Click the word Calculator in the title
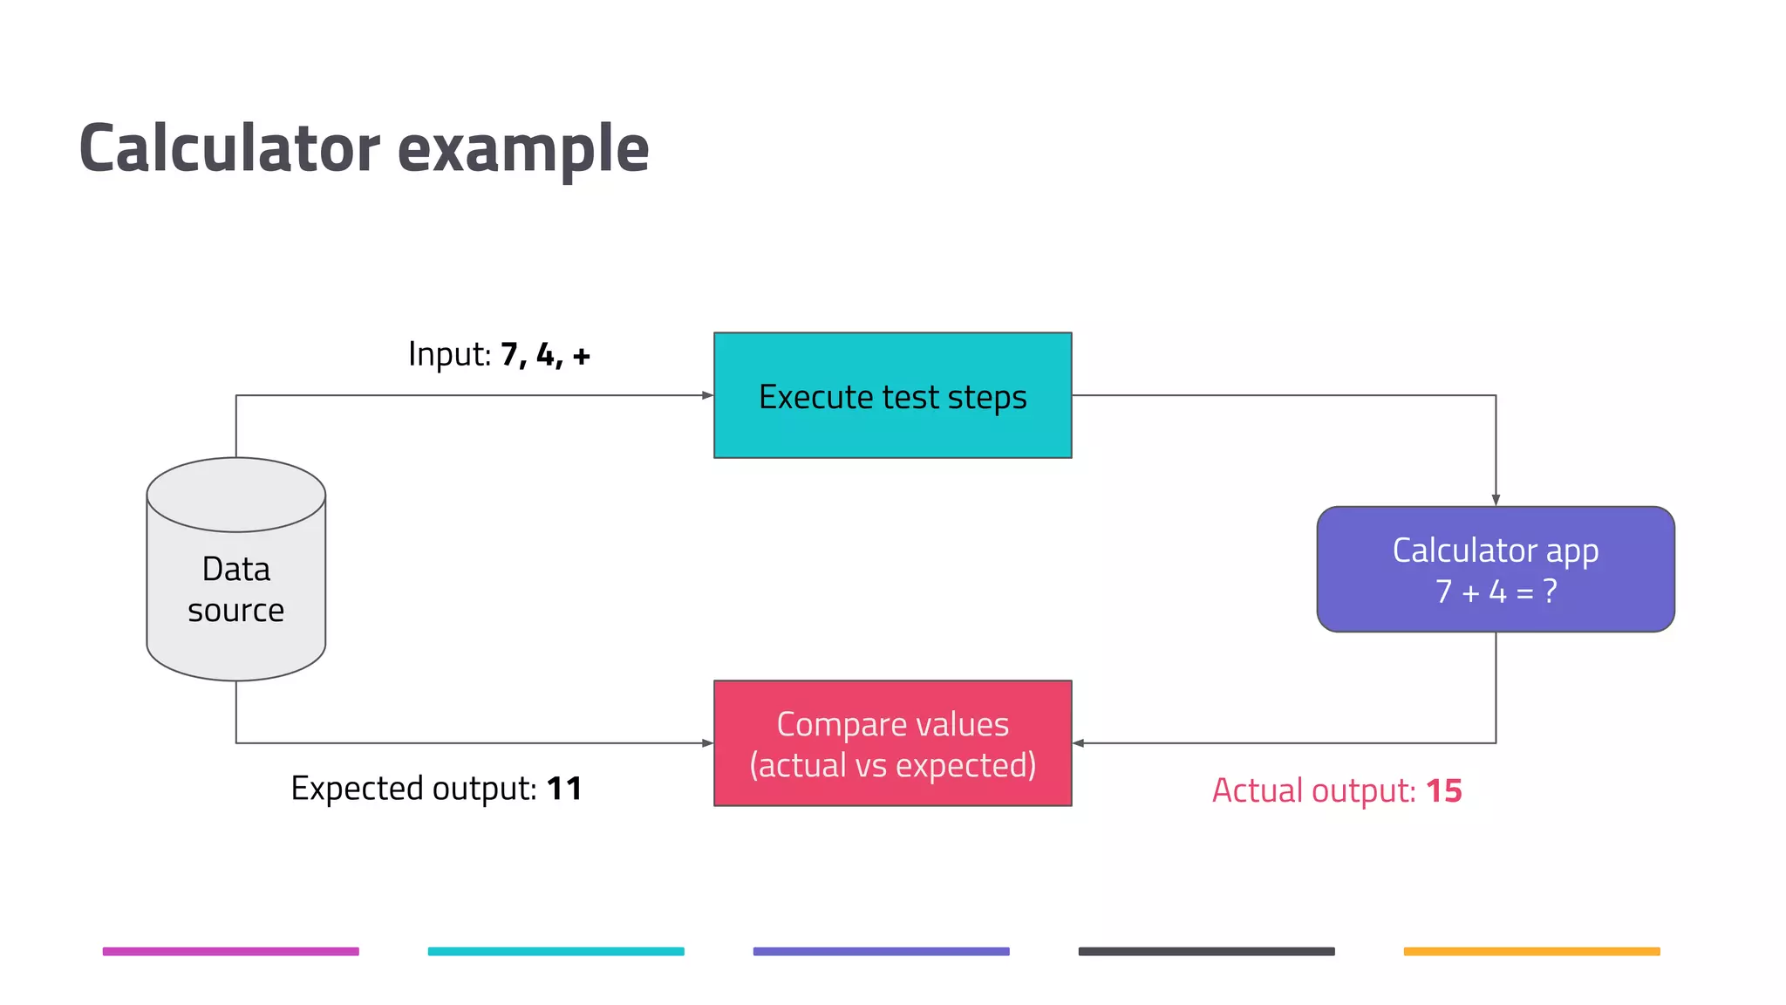tap(229, 148)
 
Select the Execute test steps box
tap(892, 395)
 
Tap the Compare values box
tap(892, 743)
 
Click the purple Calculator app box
tap(1495, 569)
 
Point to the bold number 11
tap(563, 789)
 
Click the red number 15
tap(1443, 791)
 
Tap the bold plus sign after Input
tap(582, 356)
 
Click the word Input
tap(449, 354)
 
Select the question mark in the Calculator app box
tap(1550, 591)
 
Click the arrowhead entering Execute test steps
tap(707, 395)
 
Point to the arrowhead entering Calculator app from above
tap(1496, 500)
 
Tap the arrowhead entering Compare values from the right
tap(1079, 743)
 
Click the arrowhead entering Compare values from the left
tap(707, 743)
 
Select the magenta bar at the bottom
tap(230, 951)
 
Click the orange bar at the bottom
tap(1531, 951)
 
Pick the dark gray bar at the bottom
tap(1206, 951)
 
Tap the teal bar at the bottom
tap(556, 951)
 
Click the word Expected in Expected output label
tap(358, 789)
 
